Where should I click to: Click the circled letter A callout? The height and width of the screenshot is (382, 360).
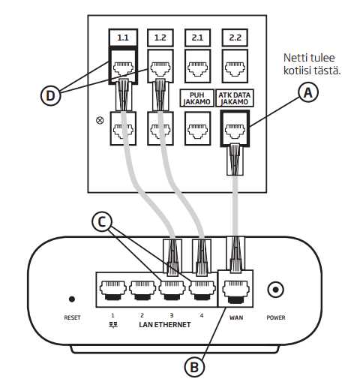point(308,93)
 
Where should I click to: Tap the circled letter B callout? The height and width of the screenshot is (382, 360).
point(194,368)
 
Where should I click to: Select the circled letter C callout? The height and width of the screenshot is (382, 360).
point(102,221)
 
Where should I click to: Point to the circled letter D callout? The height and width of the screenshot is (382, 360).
point(51,95)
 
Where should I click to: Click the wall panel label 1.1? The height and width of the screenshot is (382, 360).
point(123,38)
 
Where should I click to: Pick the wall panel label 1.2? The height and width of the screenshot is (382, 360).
point(160,38)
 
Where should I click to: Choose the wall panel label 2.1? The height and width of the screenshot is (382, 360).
point(197,38)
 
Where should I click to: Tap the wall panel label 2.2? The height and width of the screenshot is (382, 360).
point(235,38)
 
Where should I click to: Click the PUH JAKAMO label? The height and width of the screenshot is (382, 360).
point(197,98)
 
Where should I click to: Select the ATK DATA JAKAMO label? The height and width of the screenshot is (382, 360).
point(235,98)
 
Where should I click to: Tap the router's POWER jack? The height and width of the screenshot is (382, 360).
point(275,290)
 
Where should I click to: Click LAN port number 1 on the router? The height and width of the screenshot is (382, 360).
point(113,290)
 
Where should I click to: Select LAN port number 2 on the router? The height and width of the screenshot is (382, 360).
point(142,290)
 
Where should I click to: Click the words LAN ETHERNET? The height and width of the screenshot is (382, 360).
point(165,325)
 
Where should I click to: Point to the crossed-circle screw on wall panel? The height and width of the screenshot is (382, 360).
point(100,121)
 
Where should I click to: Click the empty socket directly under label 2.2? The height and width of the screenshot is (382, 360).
point(235,66)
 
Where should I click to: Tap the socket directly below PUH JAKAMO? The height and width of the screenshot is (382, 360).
point(197,128)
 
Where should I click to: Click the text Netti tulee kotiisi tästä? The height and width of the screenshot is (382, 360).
point(312,65)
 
